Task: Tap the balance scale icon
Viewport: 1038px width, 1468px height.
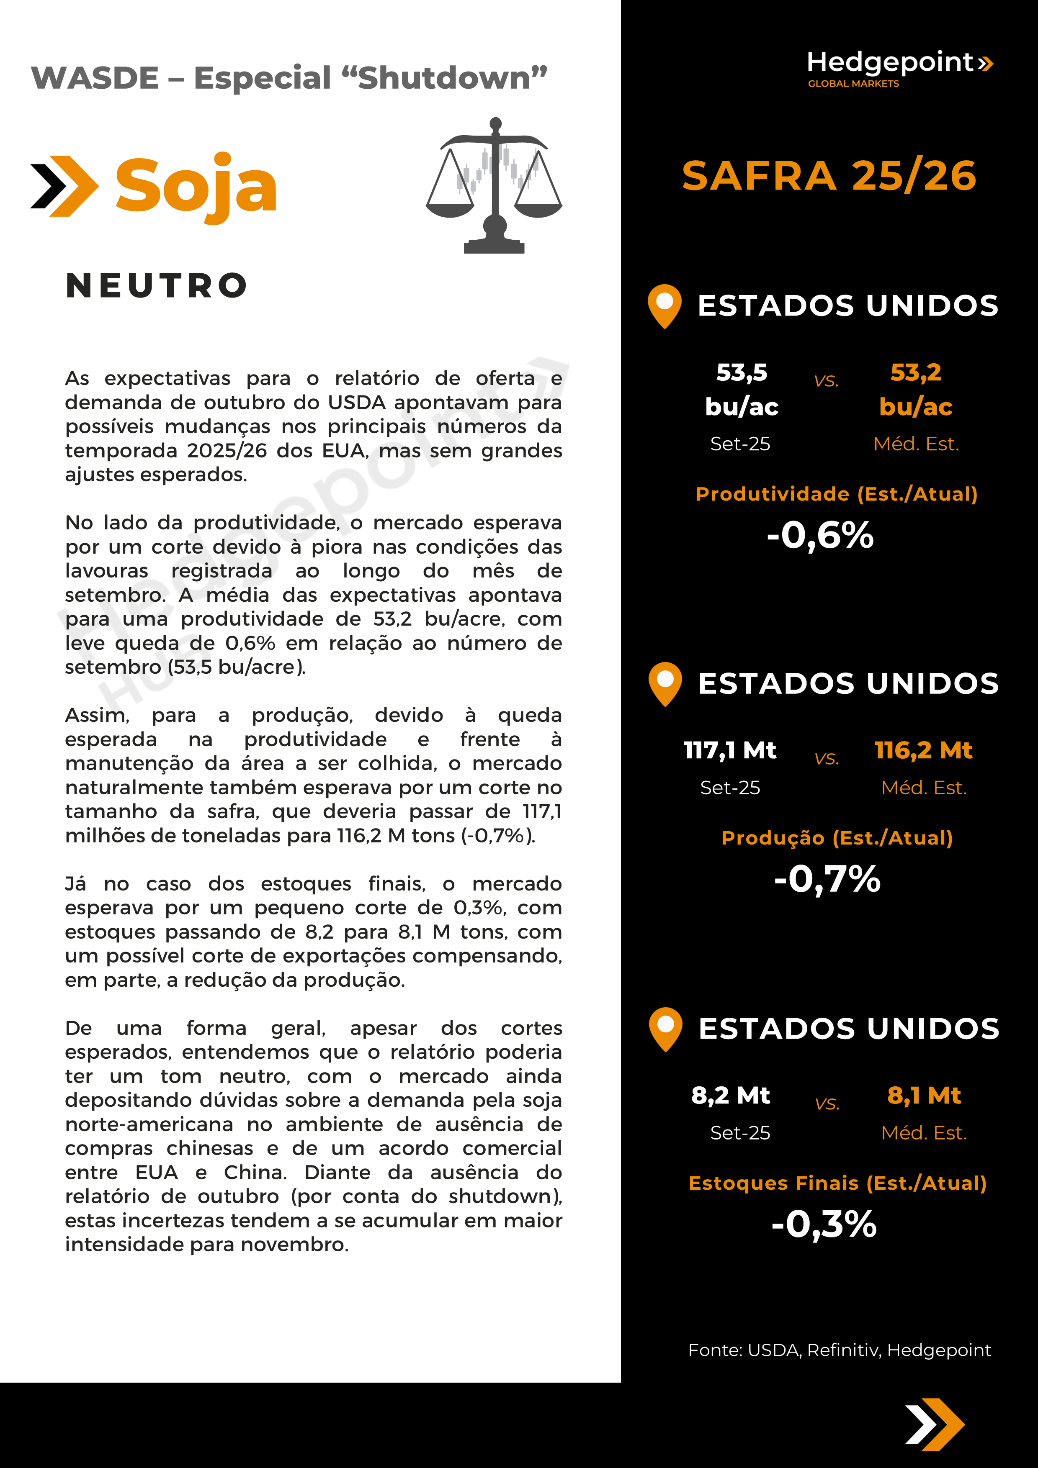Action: (494, 185)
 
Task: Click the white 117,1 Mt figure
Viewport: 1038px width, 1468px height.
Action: (730, 750)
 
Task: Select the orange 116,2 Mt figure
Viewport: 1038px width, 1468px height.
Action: (923, 750)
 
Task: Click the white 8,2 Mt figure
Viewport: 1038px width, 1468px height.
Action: (730, 1095)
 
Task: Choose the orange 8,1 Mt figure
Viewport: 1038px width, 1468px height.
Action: (924, 1095)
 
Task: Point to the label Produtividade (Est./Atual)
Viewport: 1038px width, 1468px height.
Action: (837, 494)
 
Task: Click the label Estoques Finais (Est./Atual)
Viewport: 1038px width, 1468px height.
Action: (837, 1183)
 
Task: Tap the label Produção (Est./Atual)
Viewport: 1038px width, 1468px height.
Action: (837, 838)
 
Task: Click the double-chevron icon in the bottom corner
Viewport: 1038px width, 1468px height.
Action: (935, 1424)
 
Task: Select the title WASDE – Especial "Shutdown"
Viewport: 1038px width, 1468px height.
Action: (289, 78)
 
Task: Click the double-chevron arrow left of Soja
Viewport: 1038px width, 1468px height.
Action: (64, 186)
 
